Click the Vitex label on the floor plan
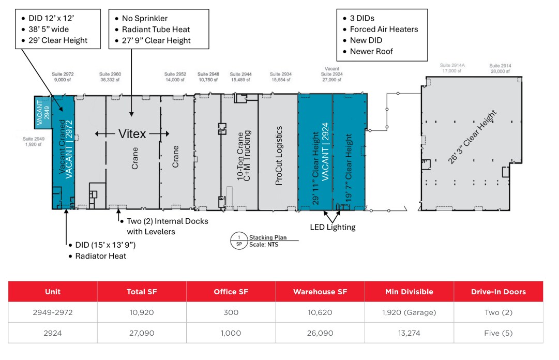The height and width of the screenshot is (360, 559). tap(132, 133)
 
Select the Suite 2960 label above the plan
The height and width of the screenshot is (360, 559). tap(111, 77)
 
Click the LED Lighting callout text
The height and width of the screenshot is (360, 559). tap(333, 227)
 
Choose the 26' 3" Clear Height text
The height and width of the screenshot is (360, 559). tap(473, 137)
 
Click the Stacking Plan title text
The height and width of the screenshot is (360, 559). tap(267, 238)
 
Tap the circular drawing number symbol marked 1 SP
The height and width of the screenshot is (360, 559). tap(238, 241)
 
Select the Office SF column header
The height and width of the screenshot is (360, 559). tap(231, 292)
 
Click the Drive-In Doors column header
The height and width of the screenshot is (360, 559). tap(498, 292)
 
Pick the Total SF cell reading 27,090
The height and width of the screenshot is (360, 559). tap(142, 333)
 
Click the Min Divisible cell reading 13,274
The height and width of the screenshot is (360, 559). tap(409, 333)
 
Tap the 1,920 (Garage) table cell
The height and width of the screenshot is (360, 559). tap(409, 312)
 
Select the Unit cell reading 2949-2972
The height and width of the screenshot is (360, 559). tap(53, 312)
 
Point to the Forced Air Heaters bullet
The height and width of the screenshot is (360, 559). tap(384, 29)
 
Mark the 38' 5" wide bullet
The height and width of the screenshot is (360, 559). tap(49, 29)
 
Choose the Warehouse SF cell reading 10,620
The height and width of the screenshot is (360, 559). tap(320, 312)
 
